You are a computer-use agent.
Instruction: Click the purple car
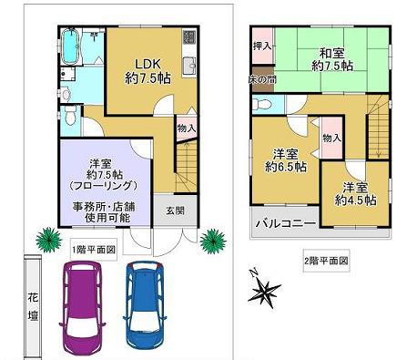coord(82,306)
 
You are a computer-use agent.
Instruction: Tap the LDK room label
coord(147,64)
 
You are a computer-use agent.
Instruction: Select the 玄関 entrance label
coord(176,211)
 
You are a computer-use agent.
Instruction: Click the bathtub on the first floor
coord(71,46)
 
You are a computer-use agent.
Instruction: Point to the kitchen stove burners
coord(189,36)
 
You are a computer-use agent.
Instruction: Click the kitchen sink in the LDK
coord(189,65)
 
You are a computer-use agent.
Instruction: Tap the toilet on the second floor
coord(261,104)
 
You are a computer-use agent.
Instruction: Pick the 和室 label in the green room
coord(332,54)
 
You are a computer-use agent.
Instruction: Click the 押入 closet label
coord(262,46)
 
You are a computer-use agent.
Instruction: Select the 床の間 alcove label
coord(262,80)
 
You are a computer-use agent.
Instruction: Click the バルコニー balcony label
coord(285,223)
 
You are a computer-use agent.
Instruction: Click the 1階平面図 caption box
coord(94,250)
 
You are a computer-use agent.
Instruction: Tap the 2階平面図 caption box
coord(327,261)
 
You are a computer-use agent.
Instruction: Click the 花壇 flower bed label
coord(34,306)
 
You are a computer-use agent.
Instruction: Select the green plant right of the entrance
coord(213,242)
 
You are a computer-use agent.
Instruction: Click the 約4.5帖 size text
coord(356,201)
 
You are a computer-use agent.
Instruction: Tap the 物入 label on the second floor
coord(332,139)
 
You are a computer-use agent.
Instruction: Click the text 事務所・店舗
coord(104,207)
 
